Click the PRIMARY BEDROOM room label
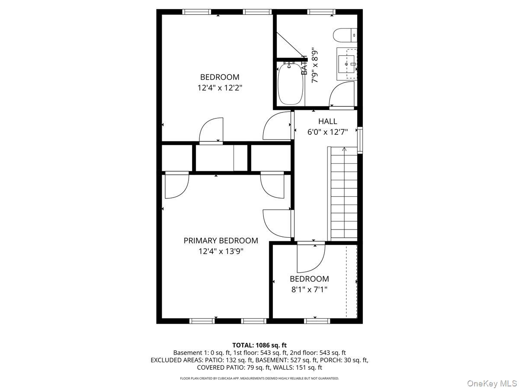[x=221, y=241]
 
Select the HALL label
[x=327, y=121]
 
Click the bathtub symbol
[x=290, y=83]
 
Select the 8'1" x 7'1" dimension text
[x=309, y=290]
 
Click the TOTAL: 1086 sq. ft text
[x=259, y=345]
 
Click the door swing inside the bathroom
[x=342, y=95]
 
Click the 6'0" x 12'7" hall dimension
[x=327, y=132]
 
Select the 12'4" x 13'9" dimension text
[x=221, y=251]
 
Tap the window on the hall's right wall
[x=360, y=140]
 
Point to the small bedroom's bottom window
[x=317, y=321]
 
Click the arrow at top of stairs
[x=344, y=150]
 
